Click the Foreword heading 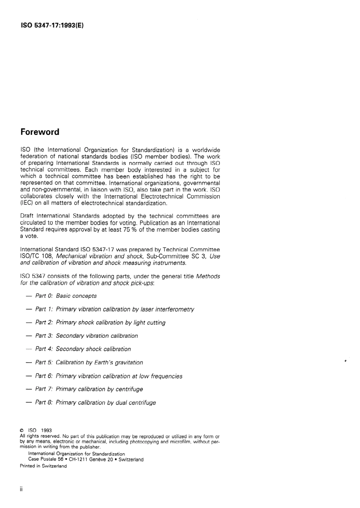[40, 132]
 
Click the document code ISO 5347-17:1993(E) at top [52, 26]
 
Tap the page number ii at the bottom [22, 489]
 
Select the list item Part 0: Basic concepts [66, 296]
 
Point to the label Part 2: [44, 323]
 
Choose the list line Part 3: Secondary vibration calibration [86, 336]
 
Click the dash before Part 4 [28, 349]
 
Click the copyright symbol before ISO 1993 [22, 431]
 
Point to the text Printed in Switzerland [43, 466]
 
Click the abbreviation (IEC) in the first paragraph [27, 203]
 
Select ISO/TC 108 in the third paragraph [36, 256]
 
